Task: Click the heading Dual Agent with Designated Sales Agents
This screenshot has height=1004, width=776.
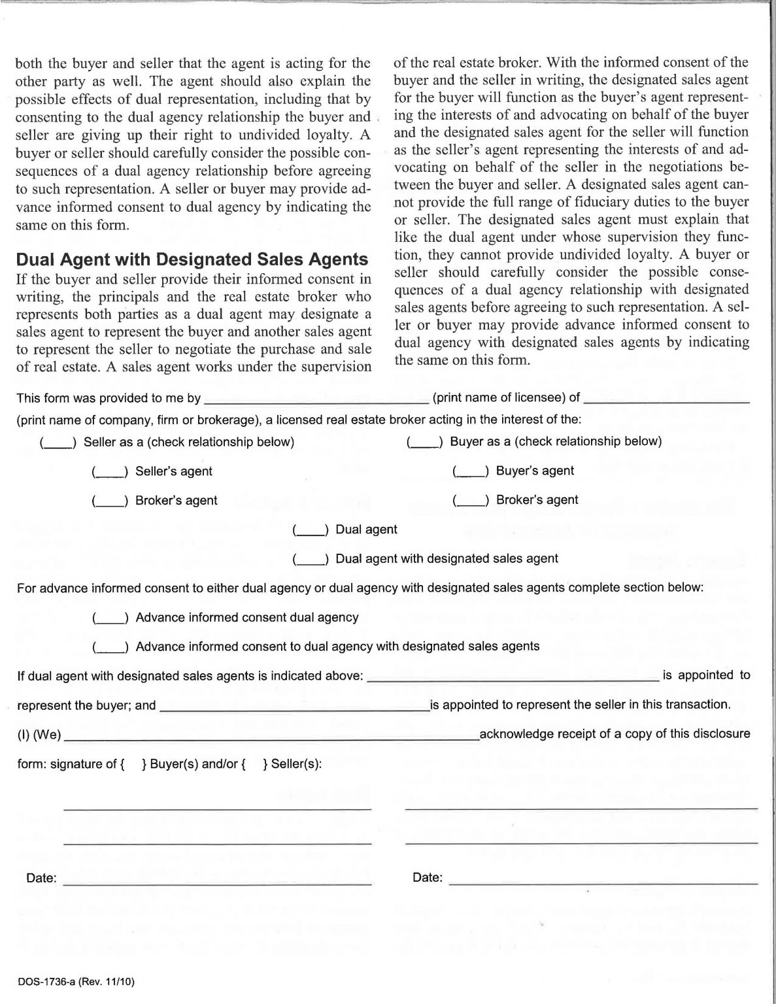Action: pos(192,259)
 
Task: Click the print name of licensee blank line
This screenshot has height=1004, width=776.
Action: pos(316,399)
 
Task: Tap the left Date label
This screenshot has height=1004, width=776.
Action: pos(41,878)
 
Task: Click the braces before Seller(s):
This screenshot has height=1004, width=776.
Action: pos(254,763)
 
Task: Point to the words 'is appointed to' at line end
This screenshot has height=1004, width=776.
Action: pos(706,675)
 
